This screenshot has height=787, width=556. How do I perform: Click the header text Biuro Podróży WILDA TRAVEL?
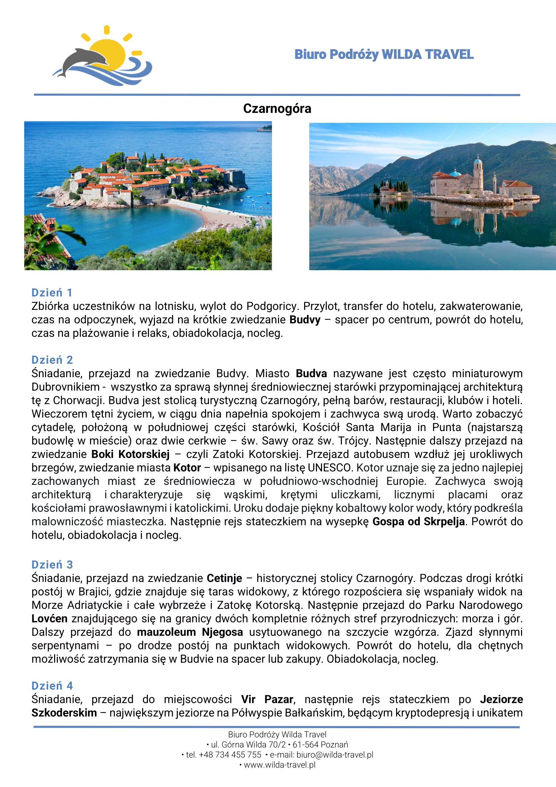tap(384, 55)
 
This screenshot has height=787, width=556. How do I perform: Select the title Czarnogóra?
tap(277, 109)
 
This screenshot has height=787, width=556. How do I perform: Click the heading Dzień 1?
tap(52, 293)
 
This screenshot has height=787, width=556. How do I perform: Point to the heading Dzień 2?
tap(52, 360)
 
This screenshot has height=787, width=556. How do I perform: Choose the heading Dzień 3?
tap(52, 565)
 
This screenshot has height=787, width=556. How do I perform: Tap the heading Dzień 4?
tap(52, 685)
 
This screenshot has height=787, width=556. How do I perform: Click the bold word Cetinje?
tap(224, 578)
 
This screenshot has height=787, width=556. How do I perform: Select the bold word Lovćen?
tap(49, 619)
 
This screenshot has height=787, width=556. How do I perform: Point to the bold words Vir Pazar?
tap(267, 699)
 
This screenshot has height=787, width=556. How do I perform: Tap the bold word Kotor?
tap(187, 468)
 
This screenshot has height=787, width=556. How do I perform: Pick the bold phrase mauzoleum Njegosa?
tap(190, 632)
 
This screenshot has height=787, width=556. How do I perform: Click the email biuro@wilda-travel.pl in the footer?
tap(334, 755)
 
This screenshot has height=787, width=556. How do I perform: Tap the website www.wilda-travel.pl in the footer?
tap(279, 765)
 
